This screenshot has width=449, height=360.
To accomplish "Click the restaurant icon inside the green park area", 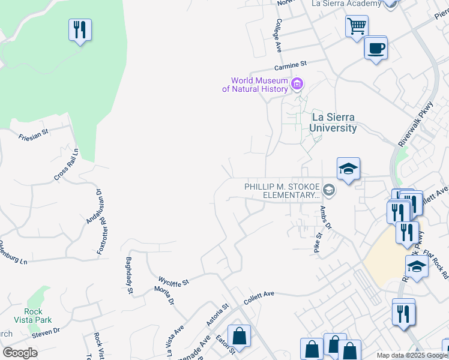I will click(80, 30).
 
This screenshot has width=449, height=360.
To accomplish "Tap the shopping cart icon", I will click(357, 26).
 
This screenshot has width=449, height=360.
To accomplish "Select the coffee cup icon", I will click(376, 48).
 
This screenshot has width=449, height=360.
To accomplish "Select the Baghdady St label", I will click(129, 275).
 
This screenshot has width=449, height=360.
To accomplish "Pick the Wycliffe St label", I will click(173, 280).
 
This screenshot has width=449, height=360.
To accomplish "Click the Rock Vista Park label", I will click(33, 315).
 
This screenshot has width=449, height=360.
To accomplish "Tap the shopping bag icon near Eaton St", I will click(240, 338).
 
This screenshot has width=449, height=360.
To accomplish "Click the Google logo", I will click(20, 353).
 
